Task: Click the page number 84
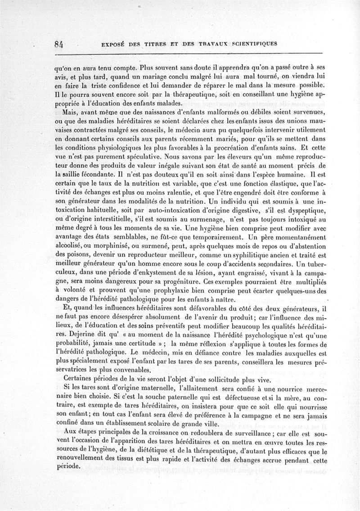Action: [57, 45]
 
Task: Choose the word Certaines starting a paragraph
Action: [79, 377]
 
